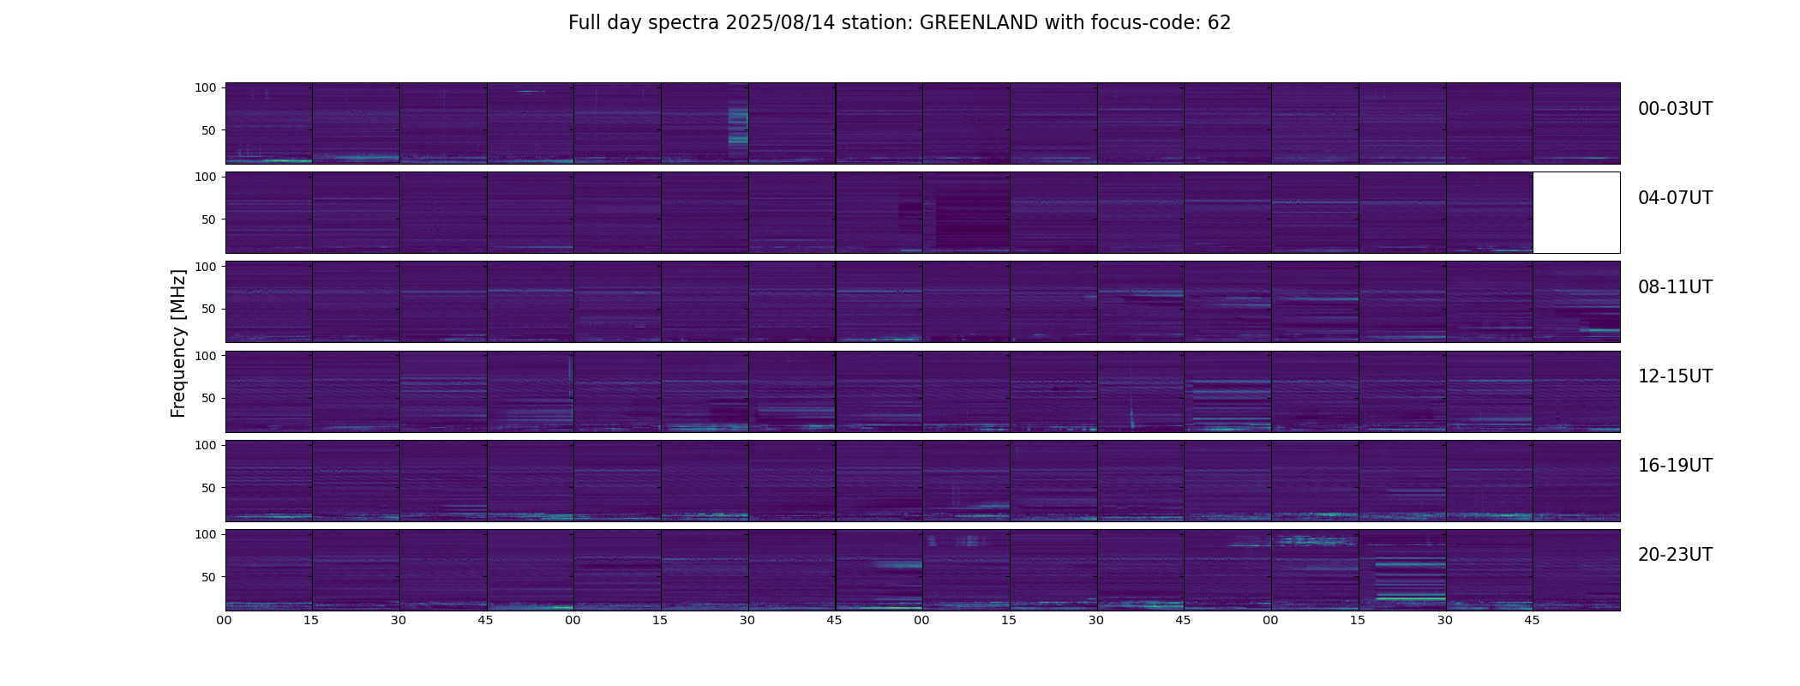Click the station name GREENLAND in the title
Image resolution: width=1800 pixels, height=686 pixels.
coord(978,23)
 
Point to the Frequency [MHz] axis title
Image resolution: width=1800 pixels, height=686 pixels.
coord(178,343)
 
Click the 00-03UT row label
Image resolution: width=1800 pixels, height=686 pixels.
coord(1675,109)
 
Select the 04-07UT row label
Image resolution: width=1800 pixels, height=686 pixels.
coord(1675,198)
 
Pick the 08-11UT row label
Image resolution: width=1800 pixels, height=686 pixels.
coord(1675,287)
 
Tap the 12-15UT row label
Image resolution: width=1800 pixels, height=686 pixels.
coord(1675,376)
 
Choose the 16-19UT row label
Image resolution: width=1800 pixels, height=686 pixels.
coord(1675,466)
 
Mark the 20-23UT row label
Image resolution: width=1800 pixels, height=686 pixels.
coord(1675,555)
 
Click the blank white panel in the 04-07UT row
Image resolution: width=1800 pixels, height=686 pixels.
coord(1576,213)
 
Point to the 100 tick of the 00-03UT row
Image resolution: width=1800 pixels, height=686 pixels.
coord(205,87)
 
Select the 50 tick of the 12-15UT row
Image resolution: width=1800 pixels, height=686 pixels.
coord(208,398)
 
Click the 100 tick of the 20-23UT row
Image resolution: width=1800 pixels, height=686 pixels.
coord(205,534)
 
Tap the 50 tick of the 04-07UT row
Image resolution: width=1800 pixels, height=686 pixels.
coord(208,220)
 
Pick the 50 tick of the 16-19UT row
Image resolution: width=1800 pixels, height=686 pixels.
coord(208,488)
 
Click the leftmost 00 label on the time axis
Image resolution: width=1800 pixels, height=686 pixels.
coord(224,620)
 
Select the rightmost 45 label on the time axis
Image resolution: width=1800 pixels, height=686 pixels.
coord(1532,620)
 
